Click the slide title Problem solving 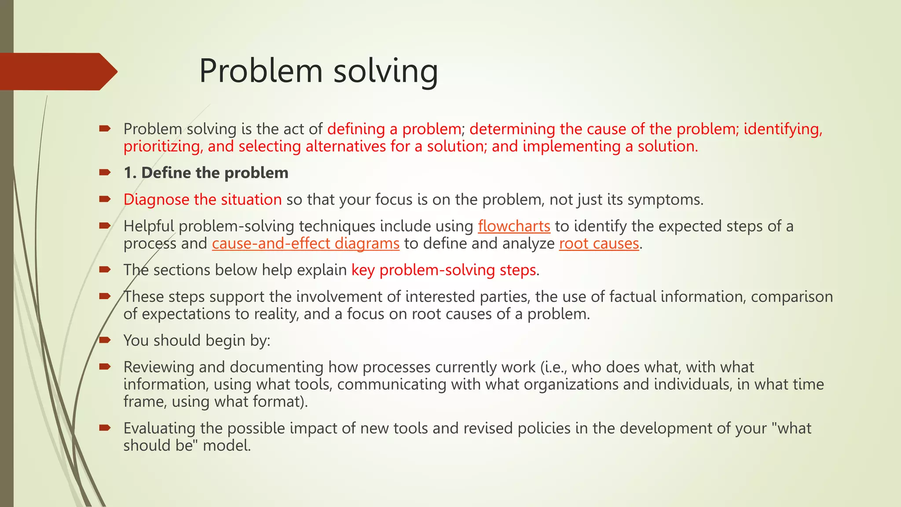point(319,71)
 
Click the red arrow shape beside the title point(57,72)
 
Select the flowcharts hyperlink point(514,226)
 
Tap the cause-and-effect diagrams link point(305,243)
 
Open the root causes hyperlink point(599,243)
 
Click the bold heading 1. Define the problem point(206,173)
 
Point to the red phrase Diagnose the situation point(202,200)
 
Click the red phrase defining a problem point(394,129)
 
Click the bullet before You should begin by point(105,340)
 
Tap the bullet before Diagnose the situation point(105,199)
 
